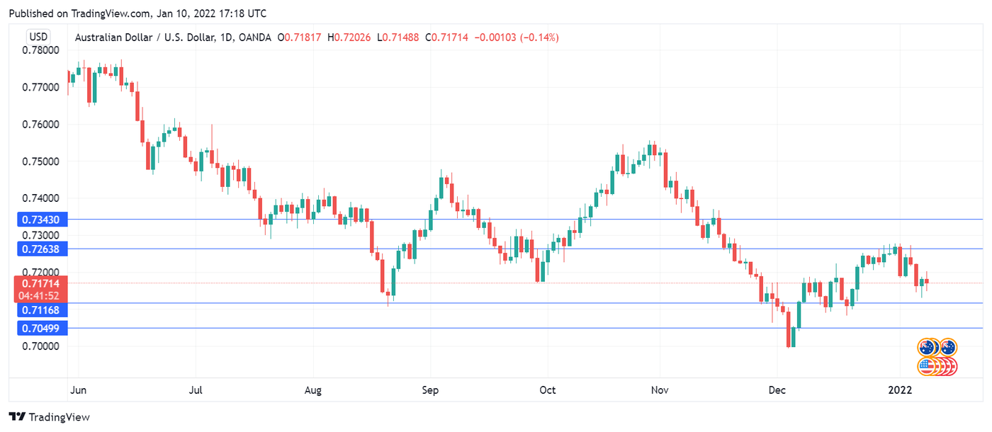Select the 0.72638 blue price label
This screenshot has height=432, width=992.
point(40,249)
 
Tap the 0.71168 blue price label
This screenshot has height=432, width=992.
point(40,310)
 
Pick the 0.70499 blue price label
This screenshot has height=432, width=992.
point(40,328)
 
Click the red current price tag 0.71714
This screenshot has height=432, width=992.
point(40,283)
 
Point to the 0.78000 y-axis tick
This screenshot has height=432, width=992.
point(40,50)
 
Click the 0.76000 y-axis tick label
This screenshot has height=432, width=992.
point(40,125)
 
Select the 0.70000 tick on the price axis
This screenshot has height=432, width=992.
point(40,346)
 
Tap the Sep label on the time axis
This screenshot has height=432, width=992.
point(430,390)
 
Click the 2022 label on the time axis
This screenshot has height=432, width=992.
point(900,390)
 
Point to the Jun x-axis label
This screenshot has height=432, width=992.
point(78,390)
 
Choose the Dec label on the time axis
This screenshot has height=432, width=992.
point(777,390)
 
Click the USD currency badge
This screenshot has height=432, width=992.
point(38,37)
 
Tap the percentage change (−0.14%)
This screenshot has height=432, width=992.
point(539,37)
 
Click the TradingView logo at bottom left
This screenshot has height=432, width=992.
point(49,417)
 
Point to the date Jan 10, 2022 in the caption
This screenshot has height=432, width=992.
point(186,13)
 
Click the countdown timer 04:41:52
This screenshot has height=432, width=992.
point(40,296)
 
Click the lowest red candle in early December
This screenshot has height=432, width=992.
point(789,329)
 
